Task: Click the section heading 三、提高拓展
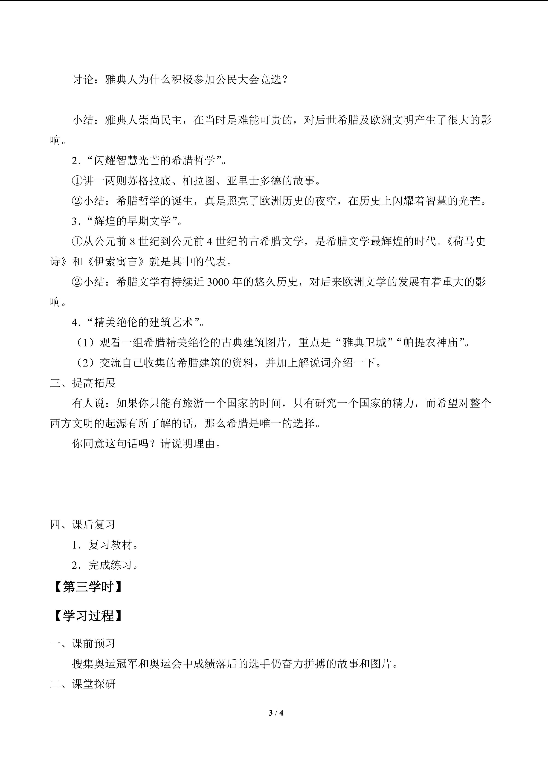(83, 383)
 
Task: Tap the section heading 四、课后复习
(83, 525)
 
